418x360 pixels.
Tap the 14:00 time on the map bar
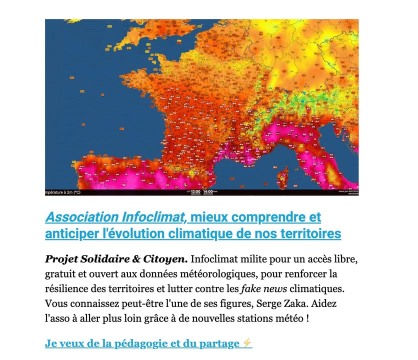coord(208,191)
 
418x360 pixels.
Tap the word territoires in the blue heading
coord(313,233)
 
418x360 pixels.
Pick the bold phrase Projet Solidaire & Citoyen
coord(116,259)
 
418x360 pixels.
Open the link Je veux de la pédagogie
coord(115,343)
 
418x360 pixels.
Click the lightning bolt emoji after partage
coord(247,343)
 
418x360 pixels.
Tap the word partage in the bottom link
coord(220,343)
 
